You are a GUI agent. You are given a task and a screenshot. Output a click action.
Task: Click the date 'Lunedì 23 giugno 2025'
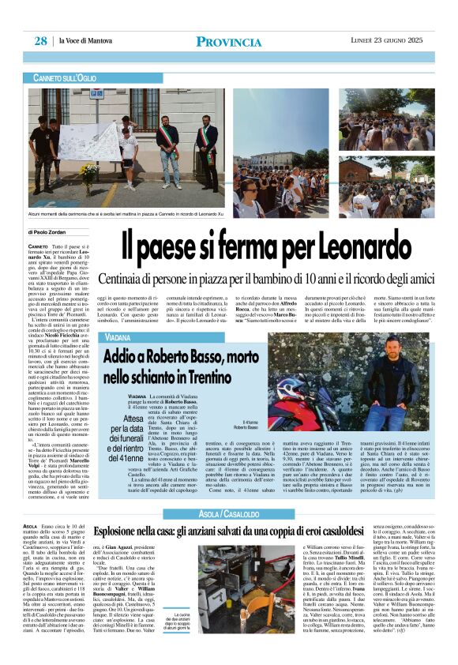click(388, 40)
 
